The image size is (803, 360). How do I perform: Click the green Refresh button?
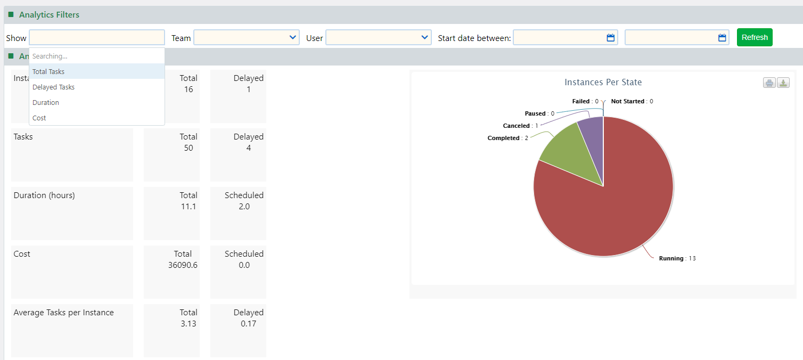754,37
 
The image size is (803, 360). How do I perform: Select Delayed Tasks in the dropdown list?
53,87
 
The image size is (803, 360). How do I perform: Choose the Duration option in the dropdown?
46,102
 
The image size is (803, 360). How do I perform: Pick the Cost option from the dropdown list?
39,118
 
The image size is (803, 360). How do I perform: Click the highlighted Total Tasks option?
48,71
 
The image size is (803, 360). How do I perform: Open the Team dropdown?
246,37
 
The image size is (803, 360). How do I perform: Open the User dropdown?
378,37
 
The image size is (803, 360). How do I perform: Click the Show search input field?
97,37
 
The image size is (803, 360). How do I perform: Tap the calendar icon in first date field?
610,38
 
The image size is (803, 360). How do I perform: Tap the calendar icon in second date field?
722,38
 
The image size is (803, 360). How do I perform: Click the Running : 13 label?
677,258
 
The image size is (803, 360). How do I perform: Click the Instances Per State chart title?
603,83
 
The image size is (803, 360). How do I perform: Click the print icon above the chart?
769,83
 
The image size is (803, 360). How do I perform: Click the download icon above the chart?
783,83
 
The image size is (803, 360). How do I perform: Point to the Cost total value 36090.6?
183,265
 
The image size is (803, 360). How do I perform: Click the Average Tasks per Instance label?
63,313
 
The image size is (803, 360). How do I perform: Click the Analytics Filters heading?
49,15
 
